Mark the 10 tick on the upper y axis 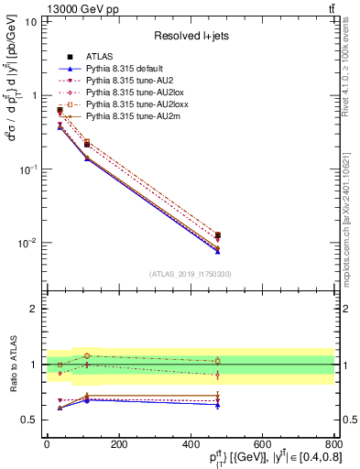coord(32,21)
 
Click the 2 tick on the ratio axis coord(33,309)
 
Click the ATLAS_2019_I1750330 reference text coord(191,274)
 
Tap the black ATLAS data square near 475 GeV coord(217,235)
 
